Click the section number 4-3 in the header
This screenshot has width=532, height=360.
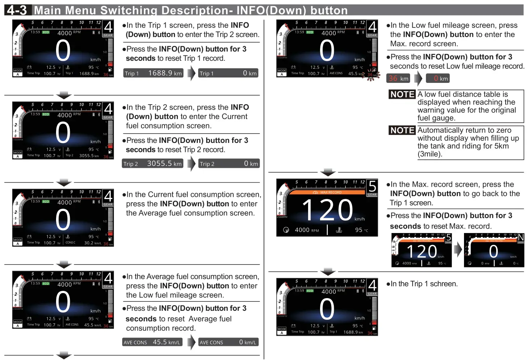click(17, 10)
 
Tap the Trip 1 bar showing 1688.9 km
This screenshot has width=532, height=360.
click(153, 73)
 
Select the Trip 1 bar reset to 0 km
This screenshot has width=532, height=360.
click(228, 73)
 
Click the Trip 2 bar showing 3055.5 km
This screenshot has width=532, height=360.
click(153, 164)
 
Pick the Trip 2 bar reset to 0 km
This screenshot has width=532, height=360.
click(229, 164)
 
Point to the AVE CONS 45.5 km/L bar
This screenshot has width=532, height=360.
click(152, 342)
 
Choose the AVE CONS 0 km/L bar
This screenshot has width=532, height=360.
click(228, 342)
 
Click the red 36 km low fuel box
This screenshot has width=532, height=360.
click(399, 79)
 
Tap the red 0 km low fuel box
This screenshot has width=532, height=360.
click(438, 79)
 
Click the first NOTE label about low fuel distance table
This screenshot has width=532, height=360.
click(402, 94)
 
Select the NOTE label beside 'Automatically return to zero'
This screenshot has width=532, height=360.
click(402, 130)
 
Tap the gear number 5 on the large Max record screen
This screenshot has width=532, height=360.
click(372, 187)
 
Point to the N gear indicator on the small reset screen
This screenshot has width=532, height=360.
click(521, 237)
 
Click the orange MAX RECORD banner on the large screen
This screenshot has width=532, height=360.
click(327, 192)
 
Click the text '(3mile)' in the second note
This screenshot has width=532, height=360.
click(430, 154)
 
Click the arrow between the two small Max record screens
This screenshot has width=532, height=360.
click(458, 250)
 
